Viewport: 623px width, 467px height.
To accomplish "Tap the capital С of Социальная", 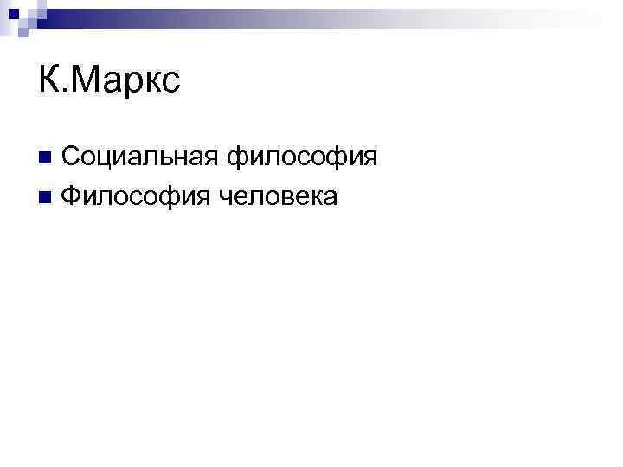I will click(72, 157).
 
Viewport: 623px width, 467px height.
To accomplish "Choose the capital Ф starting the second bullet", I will click(72, 197).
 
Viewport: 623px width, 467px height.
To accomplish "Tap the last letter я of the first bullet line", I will click(369, 159).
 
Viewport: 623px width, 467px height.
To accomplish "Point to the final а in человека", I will click(328, 198).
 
